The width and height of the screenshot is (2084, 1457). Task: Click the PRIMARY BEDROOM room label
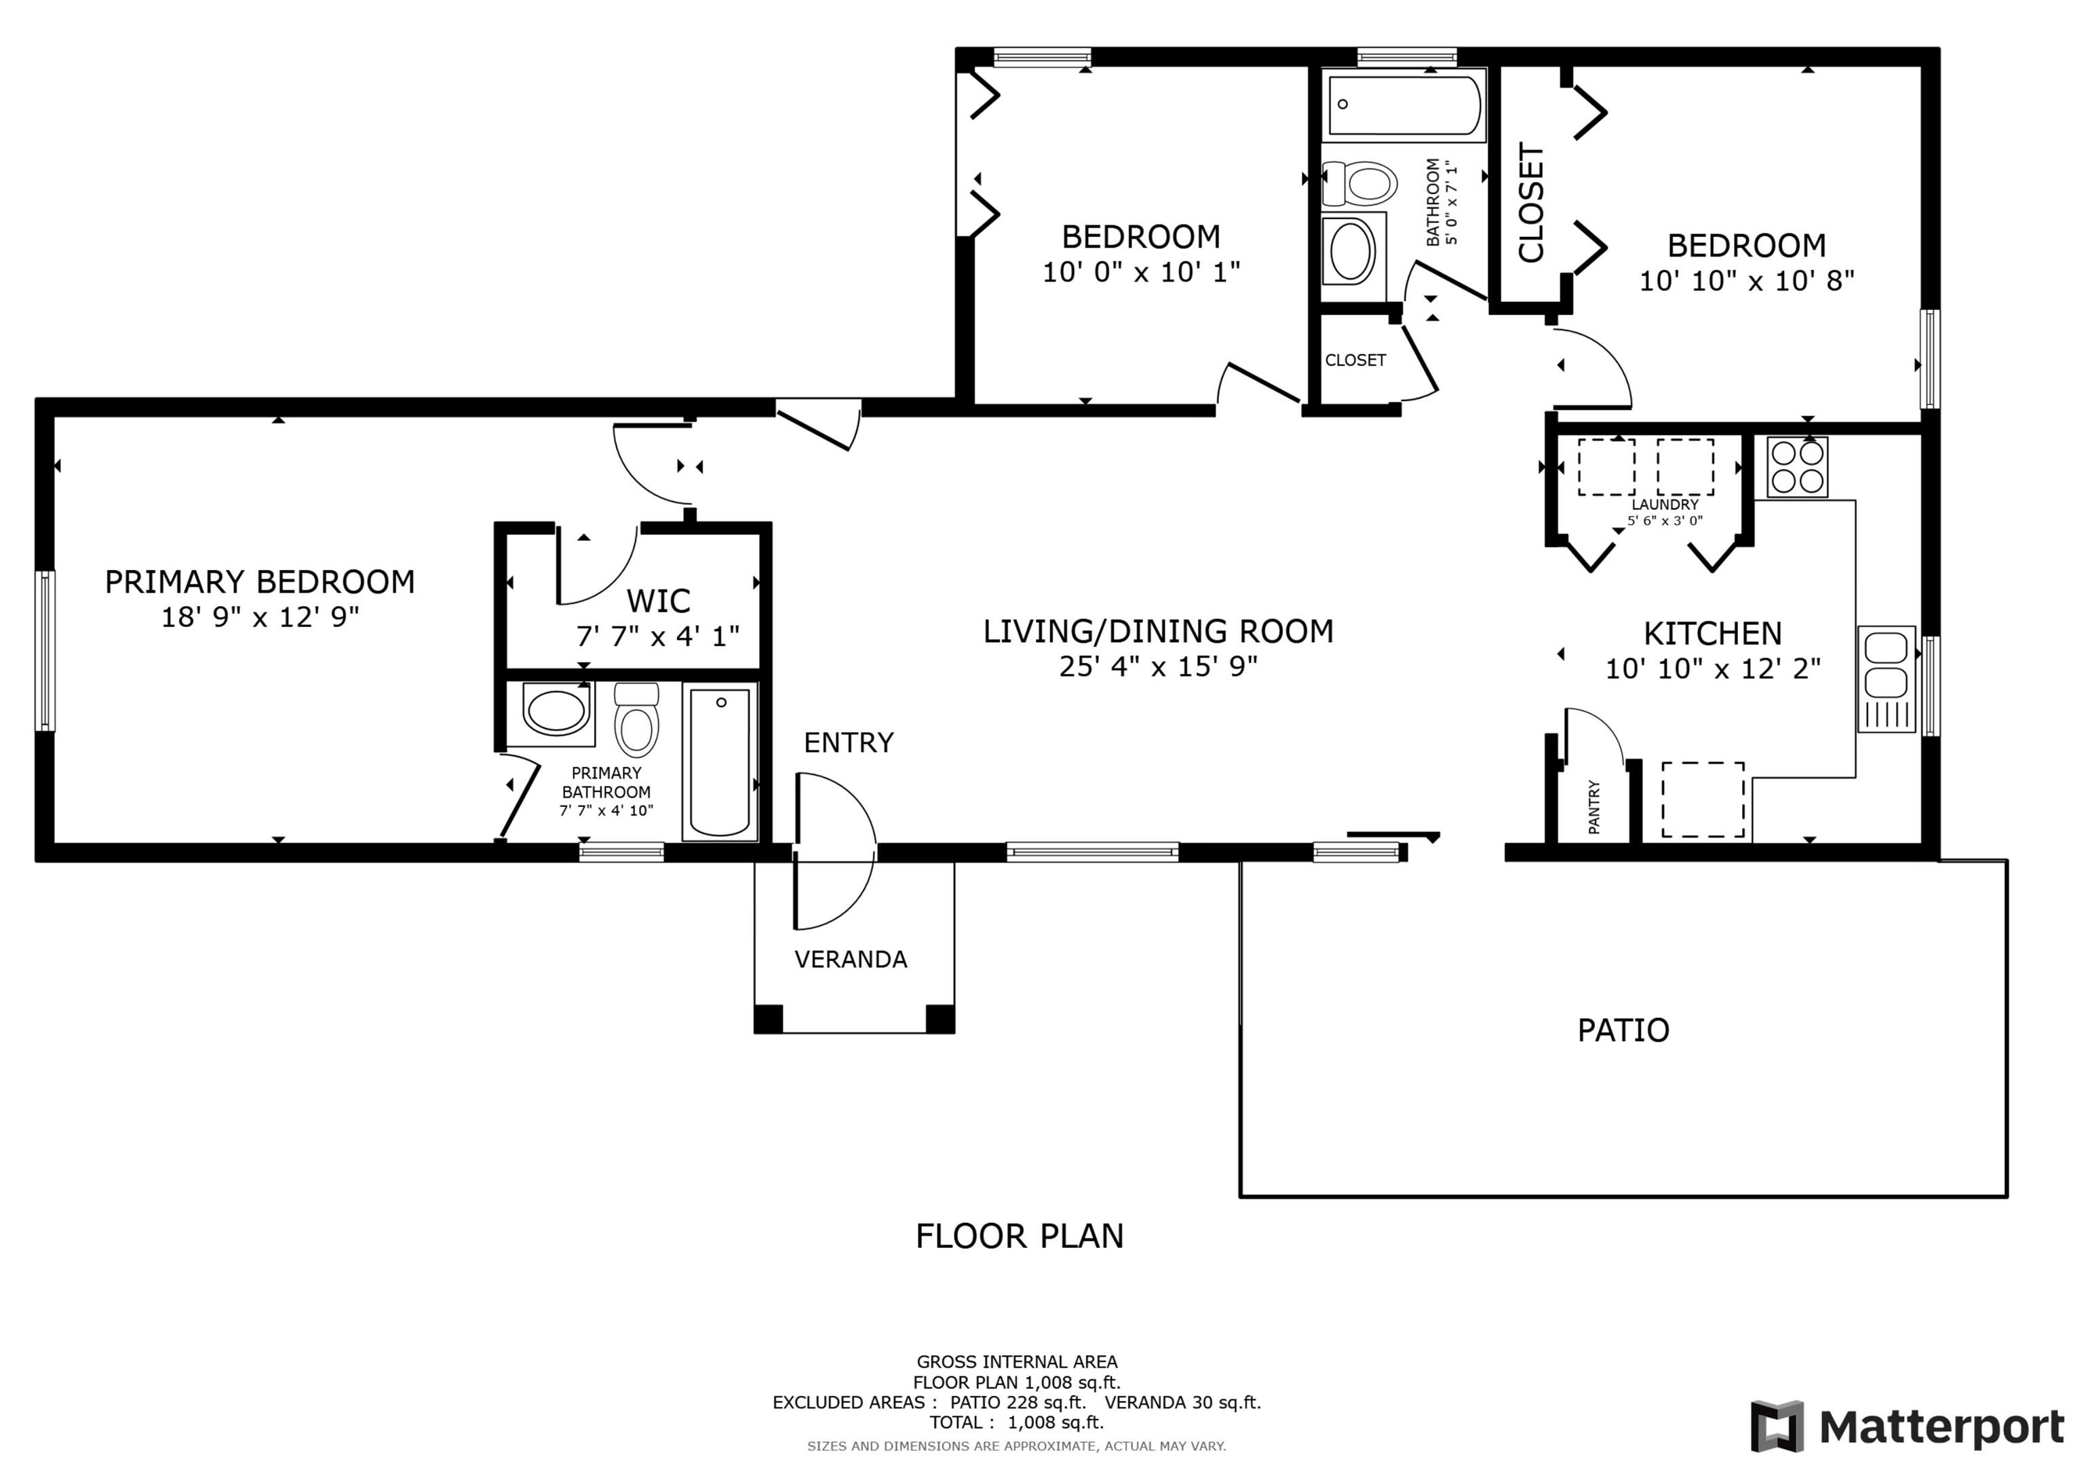click(x=260, y=582)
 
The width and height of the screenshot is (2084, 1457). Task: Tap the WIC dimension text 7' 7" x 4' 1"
click(x=658, y=635)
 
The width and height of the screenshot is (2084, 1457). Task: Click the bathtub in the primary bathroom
click(x=720, y=761)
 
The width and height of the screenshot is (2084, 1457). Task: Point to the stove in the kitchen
click(x=1797, y=467)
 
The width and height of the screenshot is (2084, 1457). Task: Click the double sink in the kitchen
click(x=1886, y=679)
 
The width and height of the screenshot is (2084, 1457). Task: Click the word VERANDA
click(x=851, y=960)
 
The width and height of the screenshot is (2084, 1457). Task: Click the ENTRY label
click(x=849, y=742)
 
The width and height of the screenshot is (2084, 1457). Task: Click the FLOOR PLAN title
click(x=1020, y=1236)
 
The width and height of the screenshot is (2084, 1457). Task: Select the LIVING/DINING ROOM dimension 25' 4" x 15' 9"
click(x=1158, y=667)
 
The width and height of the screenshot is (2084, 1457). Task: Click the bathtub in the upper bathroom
click(x=1404, y=105)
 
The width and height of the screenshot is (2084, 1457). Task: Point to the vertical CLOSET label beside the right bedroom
click(x=1530, y=202)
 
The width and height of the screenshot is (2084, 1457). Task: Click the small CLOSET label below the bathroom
click(x=1355, y=360)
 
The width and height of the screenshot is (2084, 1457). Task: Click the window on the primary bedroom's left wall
click(x=45, y=650)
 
